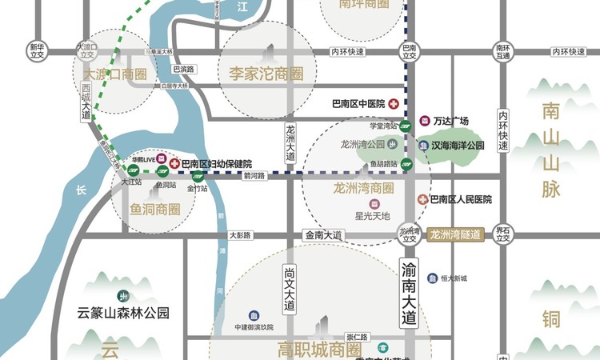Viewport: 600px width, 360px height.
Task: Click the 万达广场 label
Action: click(x=450, y=122)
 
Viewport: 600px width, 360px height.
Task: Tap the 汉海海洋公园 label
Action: click(x=458, y=146)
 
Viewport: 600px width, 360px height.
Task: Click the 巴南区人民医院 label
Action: click(x=460, y=199)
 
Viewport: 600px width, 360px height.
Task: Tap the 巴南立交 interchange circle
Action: click(x=410, y=51)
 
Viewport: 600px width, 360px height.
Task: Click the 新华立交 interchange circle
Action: click(x=37, y=51)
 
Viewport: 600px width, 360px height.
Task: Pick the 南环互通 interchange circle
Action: click(x=502, y=51)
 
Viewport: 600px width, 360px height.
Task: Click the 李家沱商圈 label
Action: click(x=266, y=74)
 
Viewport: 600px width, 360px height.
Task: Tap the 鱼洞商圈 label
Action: click(x=156, y=210)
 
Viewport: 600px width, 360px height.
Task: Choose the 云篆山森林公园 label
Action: click(x=123, y=314)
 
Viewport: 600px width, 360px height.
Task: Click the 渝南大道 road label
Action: click(x=409, y=293)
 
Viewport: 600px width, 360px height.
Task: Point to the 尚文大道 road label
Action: click(x=290, y=290)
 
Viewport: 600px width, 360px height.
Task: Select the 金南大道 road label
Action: click(x=323, y=235)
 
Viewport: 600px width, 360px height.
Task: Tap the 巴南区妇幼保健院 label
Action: click(x=216, y=163)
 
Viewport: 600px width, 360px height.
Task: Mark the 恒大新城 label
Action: click(x=453, y=278)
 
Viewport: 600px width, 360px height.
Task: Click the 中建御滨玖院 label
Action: click(x=254, y=327)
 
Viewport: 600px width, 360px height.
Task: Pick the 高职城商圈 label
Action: click(x=320, y=350)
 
